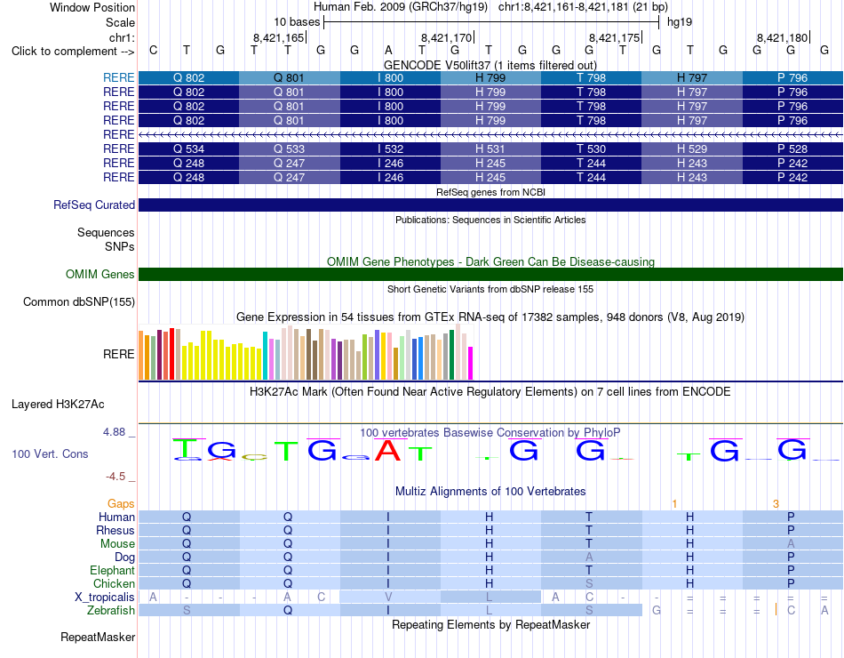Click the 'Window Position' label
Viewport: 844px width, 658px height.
click(92, 7)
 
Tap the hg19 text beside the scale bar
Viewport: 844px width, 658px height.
click(680, 22)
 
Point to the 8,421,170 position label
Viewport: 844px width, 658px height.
click(446, 37)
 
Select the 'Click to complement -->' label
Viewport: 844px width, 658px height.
click(73, 52)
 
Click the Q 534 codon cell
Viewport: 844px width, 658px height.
click(188, 148)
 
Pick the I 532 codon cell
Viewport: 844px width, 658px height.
click(390, 148)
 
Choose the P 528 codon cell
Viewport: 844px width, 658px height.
click(792, 148)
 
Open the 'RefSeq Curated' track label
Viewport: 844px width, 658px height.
click(93, 205)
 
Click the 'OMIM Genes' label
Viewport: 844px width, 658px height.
click(100, 274)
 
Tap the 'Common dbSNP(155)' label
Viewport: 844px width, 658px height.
click(78, 301)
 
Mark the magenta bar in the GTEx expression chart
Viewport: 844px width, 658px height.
click(471, 363)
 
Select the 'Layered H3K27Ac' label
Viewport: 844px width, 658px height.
click(58, 405)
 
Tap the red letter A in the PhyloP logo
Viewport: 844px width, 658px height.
click(387, 451)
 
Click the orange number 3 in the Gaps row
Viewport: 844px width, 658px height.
click(776, 504)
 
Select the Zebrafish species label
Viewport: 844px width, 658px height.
click(111, 611)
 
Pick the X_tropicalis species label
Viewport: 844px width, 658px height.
click(105, 598)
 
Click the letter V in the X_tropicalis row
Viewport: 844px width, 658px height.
click(388, 598)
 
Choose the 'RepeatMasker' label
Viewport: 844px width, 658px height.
click(98, 637)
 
